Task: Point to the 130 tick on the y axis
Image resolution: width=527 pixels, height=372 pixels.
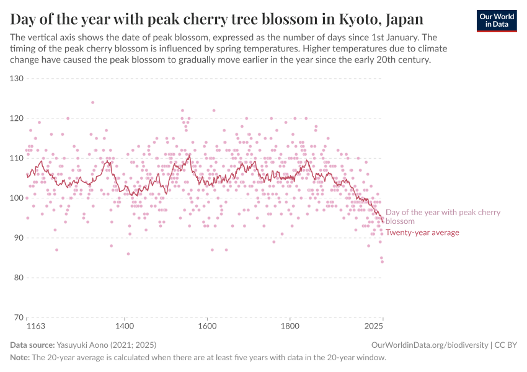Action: coord(16,79)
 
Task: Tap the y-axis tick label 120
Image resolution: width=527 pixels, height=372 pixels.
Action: coord(16,118)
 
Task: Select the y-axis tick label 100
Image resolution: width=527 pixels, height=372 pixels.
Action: coord(16,198)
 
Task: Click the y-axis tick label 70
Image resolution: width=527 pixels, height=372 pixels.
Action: coord(19,317)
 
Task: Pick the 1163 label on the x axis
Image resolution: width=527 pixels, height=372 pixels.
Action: coord(37,325)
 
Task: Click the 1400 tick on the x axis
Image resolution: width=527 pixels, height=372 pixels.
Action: coord(124,325)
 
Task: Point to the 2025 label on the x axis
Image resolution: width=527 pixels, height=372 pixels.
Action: coord(373,325)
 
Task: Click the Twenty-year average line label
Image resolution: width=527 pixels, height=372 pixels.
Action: coord(422,232)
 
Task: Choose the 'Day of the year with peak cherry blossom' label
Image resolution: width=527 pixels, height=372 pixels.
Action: coord(443,216)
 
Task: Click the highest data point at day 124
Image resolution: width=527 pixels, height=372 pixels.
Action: coord(92,102)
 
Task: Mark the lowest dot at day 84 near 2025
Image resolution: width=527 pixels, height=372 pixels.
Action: coord(382,262)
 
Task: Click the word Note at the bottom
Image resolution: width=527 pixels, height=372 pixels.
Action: coord(20,358)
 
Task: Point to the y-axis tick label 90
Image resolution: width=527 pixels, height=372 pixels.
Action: coord(19,238)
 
